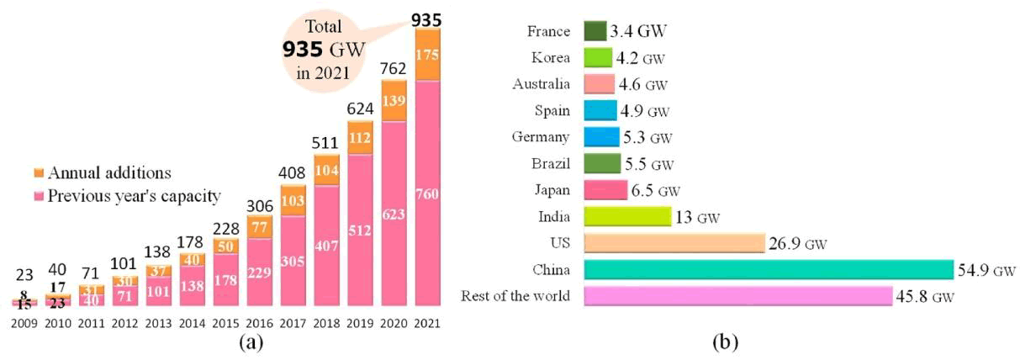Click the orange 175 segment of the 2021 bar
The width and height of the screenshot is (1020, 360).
point(427,55)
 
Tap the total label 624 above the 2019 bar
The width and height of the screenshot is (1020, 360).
point(359,109)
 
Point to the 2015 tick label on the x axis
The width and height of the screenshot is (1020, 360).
point(225,322)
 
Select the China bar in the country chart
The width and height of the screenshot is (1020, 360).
point(767,269)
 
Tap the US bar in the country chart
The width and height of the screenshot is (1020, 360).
point(674,243)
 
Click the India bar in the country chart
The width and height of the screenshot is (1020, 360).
point(626,217)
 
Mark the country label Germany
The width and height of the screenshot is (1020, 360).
point(541,137)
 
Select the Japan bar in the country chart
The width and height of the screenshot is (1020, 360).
point(605,190)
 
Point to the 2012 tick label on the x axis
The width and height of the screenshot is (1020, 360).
point(125,322)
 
